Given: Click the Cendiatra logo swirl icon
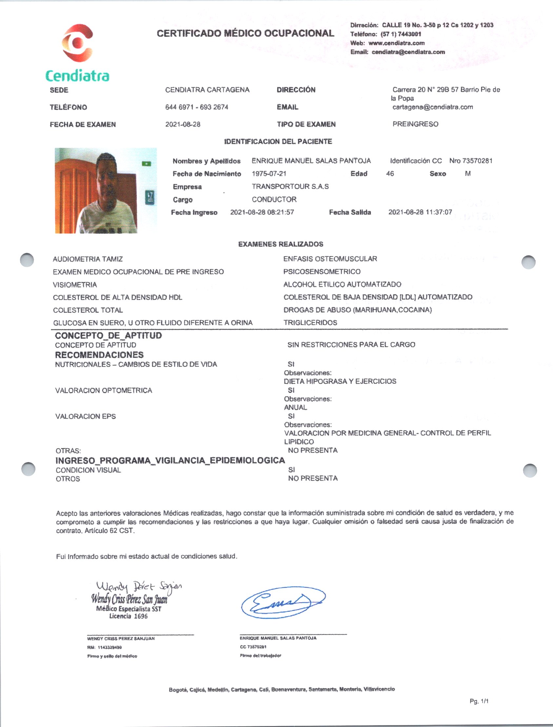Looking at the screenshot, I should coord(77,43).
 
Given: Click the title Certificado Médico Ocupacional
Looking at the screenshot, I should coord(245,33).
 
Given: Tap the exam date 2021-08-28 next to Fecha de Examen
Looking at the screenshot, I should coord(183,125).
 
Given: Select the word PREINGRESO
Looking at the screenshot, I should coord(415,124).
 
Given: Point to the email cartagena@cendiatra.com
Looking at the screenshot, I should coord(432,107).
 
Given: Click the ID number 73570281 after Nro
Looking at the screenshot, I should coord(477,161).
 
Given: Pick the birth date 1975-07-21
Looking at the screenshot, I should coord(269,173).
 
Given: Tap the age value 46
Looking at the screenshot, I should coord(390,173).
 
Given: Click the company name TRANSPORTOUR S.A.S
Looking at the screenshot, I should coord(290,186).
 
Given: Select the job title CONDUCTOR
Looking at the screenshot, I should coord(274,199).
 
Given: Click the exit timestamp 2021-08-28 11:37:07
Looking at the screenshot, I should coord(420,212).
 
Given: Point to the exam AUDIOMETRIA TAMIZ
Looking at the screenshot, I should coord(88,259).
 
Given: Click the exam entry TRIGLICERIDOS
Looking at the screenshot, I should coord(310,323).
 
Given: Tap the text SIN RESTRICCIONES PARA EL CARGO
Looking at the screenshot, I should coord(351,345).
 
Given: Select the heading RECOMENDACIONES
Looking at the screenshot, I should coord(99,355).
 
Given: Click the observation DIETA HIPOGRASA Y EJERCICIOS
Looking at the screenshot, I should coord(340,381).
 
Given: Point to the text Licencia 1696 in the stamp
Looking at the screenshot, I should coord(128,616).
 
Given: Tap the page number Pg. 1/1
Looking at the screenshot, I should coord(479,701).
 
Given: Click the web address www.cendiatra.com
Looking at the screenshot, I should coord(396,43).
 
